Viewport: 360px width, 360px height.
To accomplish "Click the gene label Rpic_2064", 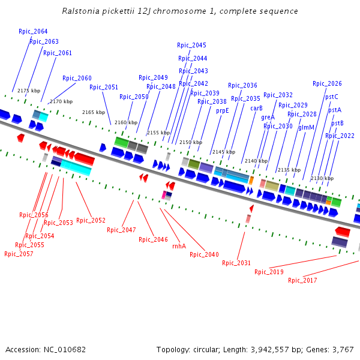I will [x=33, y=31].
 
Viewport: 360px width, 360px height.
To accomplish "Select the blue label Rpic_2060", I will [x=77, y=78].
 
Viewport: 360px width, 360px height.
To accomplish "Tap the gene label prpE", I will [x=223, y=110].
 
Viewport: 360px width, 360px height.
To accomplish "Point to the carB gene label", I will [x=256, y=108].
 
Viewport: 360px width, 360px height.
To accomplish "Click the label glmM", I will [x=307, y=127].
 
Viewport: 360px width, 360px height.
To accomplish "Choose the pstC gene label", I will [x=332, y=97].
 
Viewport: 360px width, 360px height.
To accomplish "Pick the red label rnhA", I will [x=179, y=246].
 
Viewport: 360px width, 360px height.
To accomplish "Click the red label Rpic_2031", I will [x=236, y=263].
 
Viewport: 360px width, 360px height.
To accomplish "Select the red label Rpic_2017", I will [x=302, y=280].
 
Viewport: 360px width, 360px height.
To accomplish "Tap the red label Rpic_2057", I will [x=19, y=254].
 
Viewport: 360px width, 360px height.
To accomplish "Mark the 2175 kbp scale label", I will [x=28, y=91].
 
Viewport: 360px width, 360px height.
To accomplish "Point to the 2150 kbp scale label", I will [x=191, y=142].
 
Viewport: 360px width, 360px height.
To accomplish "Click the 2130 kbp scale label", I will [x=322, y=178].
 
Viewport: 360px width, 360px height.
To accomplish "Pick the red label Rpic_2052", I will [x=91, y=220].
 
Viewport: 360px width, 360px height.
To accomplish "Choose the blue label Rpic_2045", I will [x=191, y=45].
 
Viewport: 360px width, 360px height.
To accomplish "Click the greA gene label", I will [x=268, y=117].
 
